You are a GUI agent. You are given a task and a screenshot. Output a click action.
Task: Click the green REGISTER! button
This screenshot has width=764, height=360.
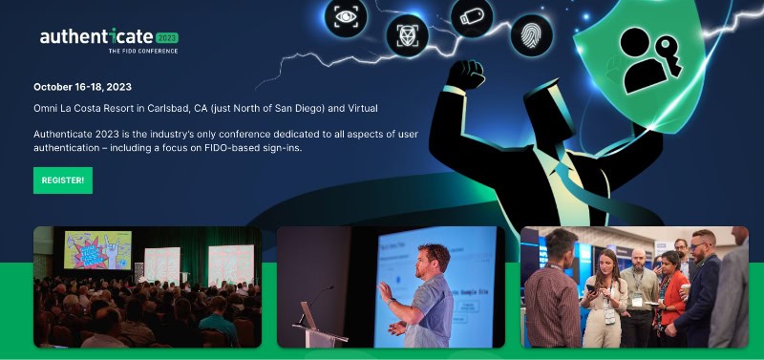[63, 180]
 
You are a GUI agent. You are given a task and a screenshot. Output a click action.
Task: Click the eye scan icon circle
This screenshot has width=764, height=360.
[345, 16]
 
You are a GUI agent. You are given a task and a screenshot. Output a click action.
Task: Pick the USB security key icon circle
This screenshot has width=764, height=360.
[472, 17]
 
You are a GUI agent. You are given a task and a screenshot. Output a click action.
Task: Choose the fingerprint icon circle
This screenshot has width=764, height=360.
[531, 36]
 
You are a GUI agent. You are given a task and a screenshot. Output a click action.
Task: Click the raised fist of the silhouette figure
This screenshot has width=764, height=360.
[468, 76]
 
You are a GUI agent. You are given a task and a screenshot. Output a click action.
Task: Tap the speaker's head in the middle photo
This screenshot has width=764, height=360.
[433, 259]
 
